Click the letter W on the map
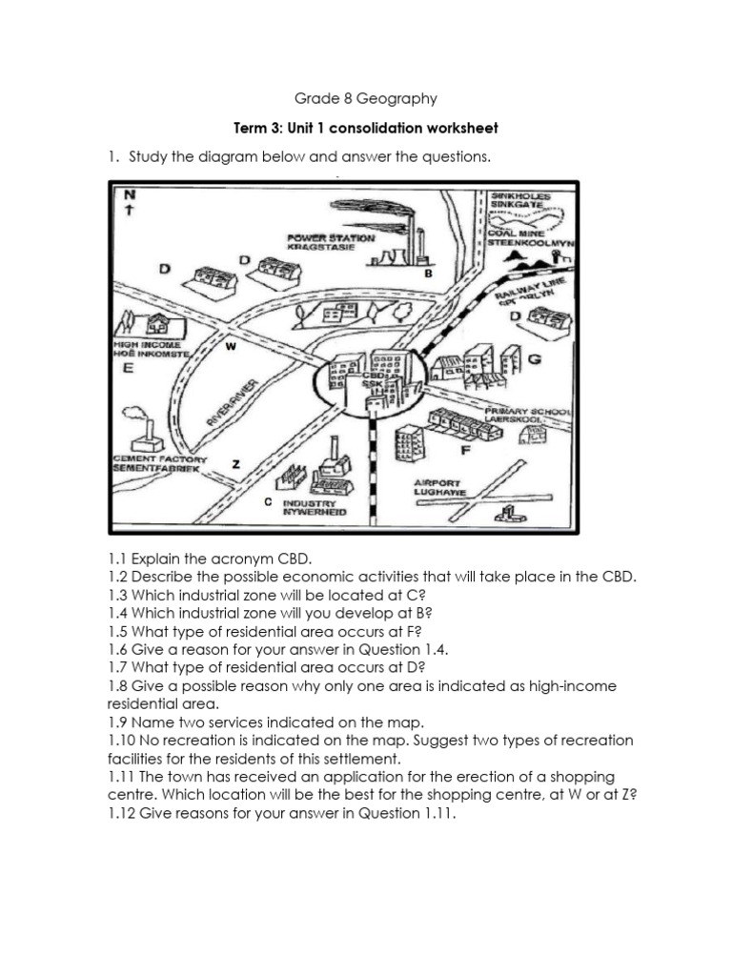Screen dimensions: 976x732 tap(230, 347)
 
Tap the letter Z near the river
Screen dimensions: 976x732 tap(235, 464)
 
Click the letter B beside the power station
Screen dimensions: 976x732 tap(429, 274)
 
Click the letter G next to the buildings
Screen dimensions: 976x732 tap(534, 359)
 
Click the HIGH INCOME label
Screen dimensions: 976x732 tap(152, 344)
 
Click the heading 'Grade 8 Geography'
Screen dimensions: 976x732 tap(367, 97)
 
